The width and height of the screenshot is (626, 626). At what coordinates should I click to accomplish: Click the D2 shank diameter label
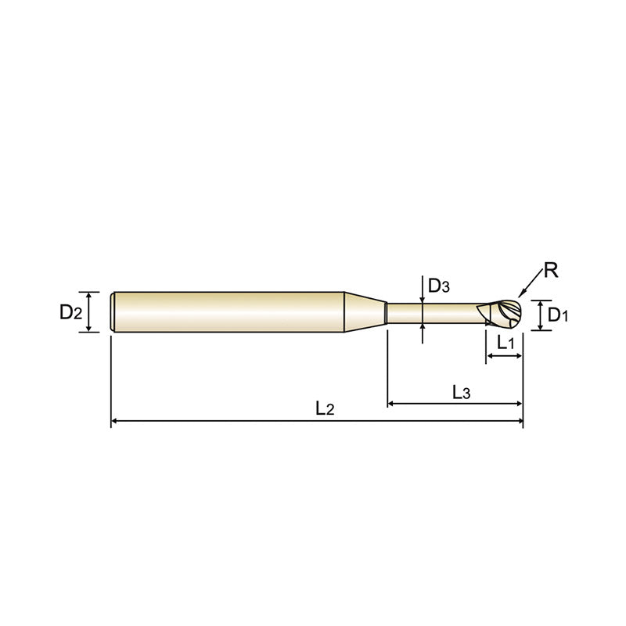[70, 313]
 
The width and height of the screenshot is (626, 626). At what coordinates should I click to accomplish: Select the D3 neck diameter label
[440, 286]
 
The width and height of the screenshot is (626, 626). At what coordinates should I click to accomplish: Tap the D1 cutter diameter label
[558, 315]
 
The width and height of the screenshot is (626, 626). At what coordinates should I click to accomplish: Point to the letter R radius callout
[550, 272]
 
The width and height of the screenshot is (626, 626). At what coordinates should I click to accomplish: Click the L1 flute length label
[505, 342]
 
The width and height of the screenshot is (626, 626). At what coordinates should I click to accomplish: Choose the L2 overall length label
[325, 408]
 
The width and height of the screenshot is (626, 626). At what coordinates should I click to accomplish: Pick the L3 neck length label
[461, 391]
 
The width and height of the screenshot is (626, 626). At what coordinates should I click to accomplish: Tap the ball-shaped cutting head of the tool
[504, 314]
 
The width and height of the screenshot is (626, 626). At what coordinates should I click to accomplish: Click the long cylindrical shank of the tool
[227, 312]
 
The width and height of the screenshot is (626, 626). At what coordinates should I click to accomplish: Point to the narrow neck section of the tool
[430, 313]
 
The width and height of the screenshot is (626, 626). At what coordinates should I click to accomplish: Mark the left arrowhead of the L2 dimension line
[115, 422]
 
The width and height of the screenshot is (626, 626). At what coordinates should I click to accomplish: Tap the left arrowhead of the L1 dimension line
[490, 357]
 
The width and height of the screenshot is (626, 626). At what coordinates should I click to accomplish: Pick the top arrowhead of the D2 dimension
[90, 296]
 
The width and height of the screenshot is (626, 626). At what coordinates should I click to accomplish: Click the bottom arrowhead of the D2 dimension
[90, 329]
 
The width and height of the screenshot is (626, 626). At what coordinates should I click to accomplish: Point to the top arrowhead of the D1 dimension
[539, 302]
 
